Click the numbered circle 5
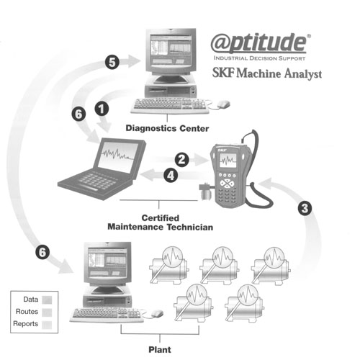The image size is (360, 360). (x=112, y=62)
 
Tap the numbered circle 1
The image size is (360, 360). (x=102, y=109)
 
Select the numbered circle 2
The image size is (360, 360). (x=181, y=160)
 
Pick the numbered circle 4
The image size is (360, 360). (x=171, y=175)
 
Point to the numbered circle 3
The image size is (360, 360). (x=305, y=208)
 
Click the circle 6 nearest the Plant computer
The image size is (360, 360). (x=42, y=252)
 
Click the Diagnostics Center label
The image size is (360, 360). (x=167, y=128)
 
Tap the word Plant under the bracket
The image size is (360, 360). (x=160, y=349)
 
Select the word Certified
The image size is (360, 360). (x=160, y=218)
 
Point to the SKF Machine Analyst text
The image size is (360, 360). (x=267, y=73)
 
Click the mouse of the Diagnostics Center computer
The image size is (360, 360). (x=223, y=104)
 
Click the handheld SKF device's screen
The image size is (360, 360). (x=228, y=161)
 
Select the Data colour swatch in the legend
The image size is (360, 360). (x=47, y=300)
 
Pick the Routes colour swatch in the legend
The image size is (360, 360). (x=47, y=312)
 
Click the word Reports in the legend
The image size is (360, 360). (x=25, y=324)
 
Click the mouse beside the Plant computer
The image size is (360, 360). (x=157, y=313)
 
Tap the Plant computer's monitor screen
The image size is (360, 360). (x=107, y=264)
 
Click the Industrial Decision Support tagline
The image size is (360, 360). (x=259, y=58)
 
